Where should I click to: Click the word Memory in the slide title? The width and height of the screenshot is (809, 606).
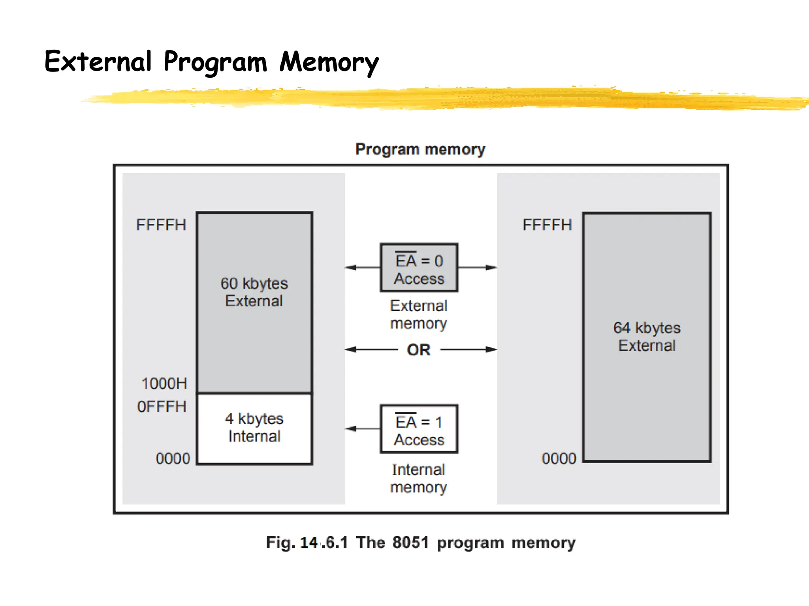coord(329,62)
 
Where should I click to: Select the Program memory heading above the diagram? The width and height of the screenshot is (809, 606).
coord(420,150)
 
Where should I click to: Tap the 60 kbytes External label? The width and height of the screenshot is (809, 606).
coord(254,292)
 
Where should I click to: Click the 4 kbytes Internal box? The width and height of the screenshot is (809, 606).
coord(254,428)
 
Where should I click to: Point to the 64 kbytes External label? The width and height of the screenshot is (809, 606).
coord(647,337)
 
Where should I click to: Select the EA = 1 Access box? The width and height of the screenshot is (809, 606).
coord(419,429)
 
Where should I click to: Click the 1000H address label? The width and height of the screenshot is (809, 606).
coord(164,383)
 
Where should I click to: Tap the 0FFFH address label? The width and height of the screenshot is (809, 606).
coord(162,406)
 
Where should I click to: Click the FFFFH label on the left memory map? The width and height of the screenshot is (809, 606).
coord(161,225)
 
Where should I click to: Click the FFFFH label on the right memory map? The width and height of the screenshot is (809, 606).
coord(547,225)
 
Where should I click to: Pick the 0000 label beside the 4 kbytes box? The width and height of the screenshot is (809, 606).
coord(173,458)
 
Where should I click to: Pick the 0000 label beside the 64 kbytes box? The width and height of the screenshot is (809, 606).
coord(559,458)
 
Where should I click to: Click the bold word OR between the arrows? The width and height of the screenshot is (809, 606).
coord(419,350)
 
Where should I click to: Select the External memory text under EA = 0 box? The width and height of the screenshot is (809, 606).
coord(419,314)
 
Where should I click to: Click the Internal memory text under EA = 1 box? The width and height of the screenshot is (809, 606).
coord(419,479)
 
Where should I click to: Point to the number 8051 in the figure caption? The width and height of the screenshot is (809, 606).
coord(410,542)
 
